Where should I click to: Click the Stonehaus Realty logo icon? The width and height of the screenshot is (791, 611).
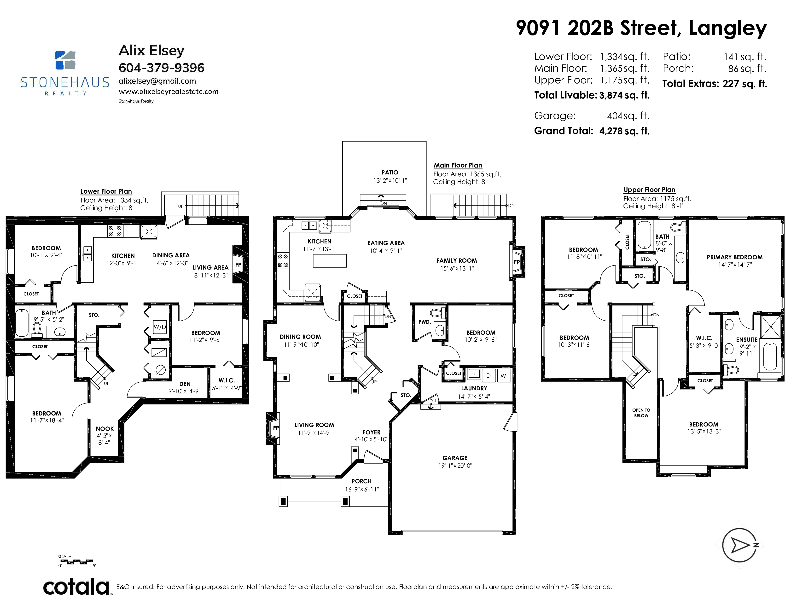coord(65,60)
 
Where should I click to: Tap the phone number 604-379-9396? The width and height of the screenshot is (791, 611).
coord(162,68)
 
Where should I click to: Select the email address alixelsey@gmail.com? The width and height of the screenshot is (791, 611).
coord(157,81)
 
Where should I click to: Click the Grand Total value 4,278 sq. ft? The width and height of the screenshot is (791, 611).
coord(624,131)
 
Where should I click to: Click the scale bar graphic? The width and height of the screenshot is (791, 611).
coord(77,561)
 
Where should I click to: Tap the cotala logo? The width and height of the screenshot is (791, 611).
coord(77,587)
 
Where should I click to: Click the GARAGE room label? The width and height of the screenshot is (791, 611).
coord(455,458)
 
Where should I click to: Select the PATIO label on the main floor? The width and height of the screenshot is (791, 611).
coord(390,172)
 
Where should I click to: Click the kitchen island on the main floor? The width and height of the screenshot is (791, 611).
coord(330,261)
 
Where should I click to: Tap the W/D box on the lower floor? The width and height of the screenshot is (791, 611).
coord(160,327)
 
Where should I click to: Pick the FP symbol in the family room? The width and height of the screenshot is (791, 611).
coord(517,262)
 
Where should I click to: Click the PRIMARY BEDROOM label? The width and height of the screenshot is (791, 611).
coord(734,257)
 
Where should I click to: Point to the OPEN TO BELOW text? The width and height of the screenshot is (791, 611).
coord(641,413)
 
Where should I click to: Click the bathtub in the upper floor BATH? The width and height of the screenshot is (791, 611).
coord(644,235)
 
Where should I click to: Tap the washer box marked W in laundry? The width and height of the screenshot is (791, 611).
coord(503,376)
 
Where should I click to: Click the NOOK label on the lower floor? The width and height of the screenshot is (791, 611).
coord(105,429)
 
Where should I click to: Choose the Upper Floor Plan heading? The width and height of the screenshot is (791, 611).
coord(649,190)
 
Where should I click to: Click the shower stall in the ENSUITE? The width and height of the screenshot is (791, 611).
coord(771,327)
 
